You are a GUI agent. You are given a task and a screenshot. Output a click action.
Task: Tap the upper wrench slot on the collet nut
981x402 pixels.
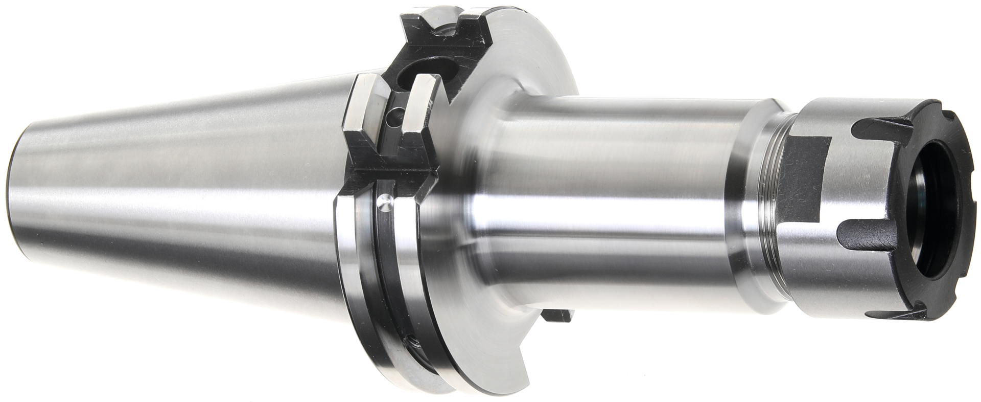[x=889, y=126]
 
